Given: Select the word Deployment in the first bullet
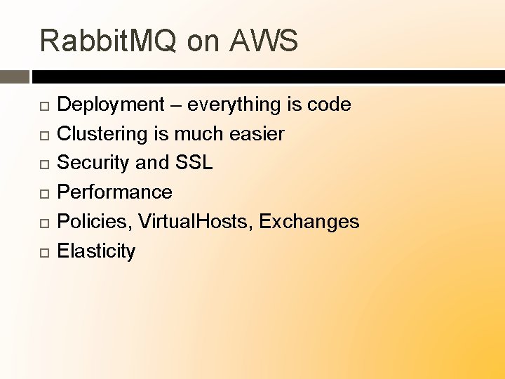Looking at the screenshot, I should [110, 105].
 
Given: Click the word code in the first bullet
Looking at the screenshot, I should [329, 105].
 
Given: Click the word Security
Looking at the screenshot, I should [93, 164].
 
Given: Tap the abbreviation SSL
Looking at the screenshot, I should [194, 163].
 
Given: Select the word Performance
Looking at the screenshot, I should [114, 192].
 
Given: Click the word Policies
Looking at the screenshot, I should [95, 222].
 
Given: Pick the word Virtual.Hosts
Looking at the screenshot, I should [196, 222].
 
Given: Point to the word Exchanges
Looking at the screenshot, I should [309, 222].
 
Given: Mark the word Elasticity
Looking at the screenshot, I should [96, 251].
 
